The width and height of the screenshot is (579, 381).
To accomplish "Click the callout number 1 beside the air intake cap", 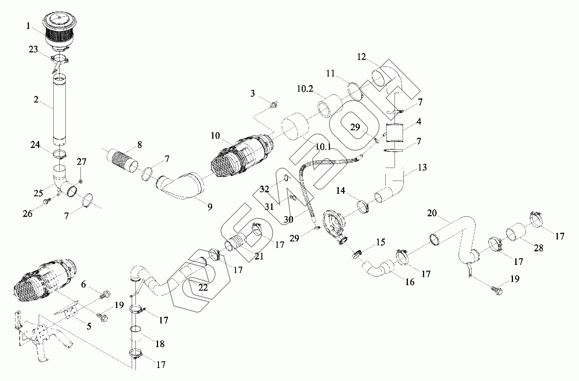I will click(x=28, y=26).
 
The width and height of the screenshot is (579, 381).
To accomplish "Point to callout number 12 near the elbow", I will click(x=362, y=57).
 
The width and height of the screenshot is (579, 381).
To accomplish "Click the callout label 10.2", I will click(x=305, y=89).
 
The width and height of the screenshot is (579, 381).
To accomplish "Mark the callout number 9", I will click(x=210, y=207).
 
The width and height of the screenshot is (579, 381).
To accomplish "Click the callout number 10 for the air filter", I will click(x=215, y=135).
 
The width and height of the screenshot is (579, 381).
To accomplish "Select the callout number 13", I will click(x=422, y=167).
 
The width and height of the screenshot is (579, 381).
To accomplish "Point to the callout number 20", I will click(x=432, y=213).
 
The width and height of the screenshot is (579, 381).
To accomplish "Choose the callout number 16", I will click(x=410, y=282).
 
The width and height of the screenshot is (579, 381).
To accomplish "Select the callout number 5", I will click(x=89, y=326).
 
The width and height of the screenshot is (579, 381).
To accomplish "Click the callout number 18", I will click(x=160, y=344).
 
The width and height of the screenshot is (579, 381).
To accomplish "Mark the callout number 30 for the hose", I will click(x=288, y=219).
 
